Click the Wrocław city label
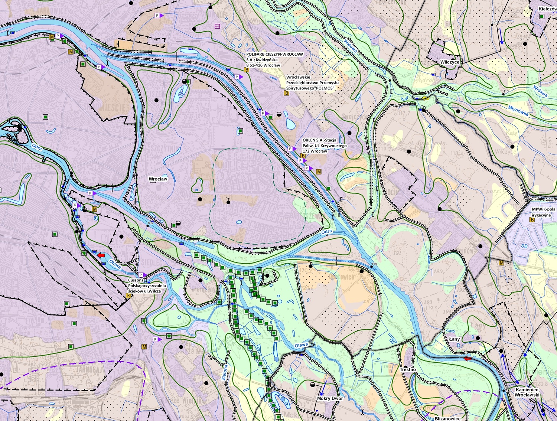click(158, 179)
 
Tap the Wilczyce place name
click(449, 62)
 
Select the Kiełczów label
click(547, 9)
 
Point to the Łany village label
click(454, 339)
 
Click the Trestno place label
click(408, 369)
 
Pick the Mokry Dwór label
click(330, 398)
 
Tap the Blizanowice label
click(447, 418)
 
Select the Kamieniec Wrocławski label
click(527, 392)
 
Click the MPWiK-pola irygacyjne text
click(543, 212)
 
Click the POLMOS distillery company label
click(310, 83)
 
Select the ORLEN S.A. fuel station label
click(324, 146)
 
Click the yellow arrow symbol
click(426, 98)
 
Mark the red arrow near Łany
click(468, 358)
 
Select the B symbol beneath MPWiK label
click(532, 220)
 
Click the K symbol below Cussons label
click(128, 296)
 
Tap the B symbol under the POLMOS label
click(286, 93)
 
